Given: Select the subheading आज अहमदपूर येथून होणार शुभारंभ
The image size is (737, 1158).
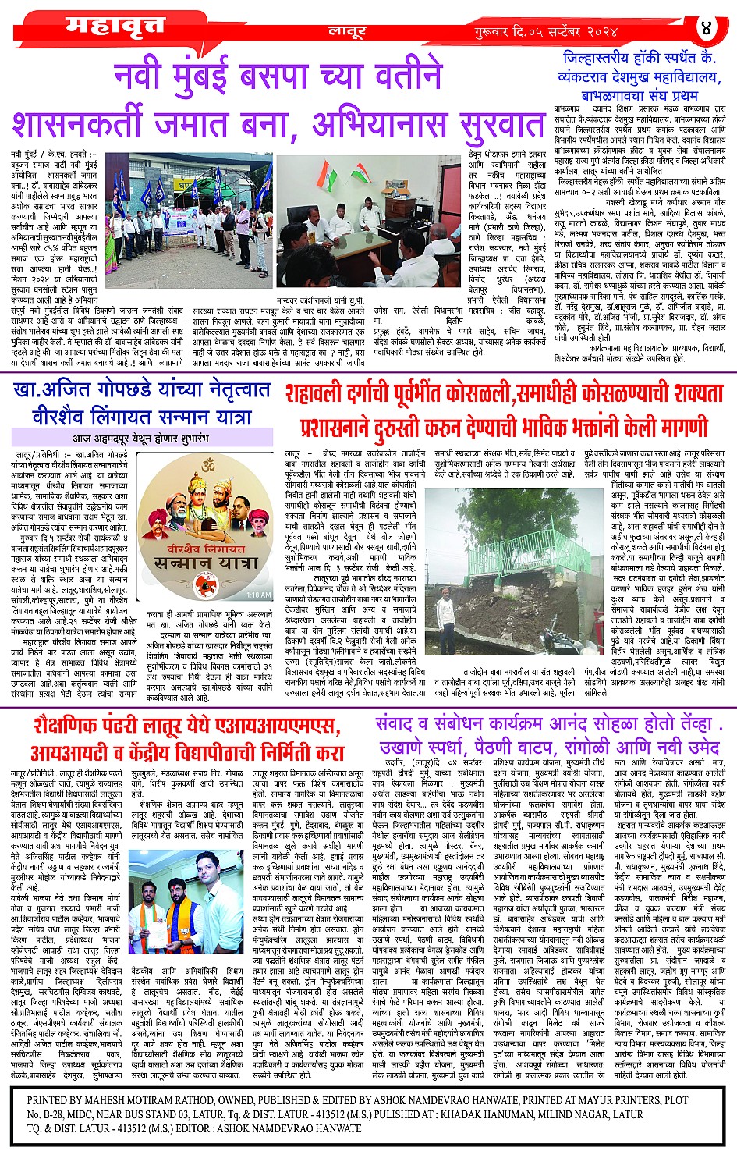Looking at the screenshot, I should [x=140, y=438].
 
